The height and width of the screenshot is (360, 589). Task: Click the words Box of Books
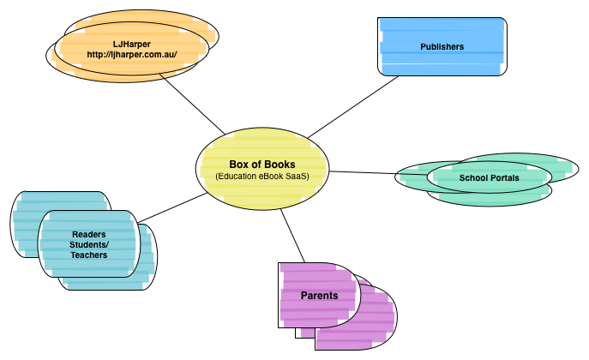pos(262,165)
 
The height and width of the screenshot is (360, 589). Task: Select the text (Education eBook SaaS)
pos(262,177)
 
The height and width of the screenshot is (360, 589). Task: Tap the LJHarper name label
pos(131,43)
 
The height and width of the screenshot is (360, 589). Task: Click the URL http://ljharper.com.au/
pos(131,54)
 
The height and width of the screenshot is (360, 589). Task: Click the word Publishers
pos(442,47)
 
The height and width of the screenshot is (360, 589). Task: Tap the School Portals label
pos(489,177)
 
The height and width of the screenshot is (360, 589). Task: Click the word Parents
pos(319,296)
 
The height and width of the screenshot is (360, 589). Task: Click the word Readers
pos(89,234)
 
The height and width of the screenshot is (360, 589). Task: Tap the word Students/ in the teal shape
pos(89,244)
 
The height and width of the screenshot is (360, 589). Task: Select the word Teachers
pos(89,255)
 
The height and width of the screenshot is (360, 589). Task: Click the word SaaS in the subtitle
pos(296,177)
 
